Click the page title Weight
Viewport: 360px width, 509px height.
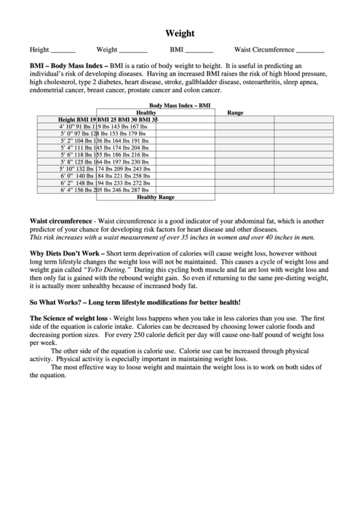pos(180,33)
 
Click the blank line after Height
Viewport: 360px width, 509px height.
pos(64,51)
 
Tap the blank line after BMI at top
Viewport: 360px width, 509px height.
pos(199,51)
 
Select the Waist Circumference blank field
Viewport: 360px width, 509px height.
pos(310,51)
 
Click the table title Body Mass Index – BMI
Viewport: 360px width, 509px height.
pos(180,106)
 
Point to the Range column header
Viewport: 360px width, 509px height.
pos(235,113)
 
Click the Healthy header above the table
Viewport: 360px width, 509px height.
pos(146,113)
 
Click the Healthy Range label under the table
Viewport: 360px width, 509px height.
pos(156,197)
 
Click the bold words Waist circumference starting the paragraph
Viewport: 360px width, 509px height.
pos(60,222)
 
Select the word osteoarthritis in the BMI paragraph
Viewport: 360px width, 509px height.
pos(257,82)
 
